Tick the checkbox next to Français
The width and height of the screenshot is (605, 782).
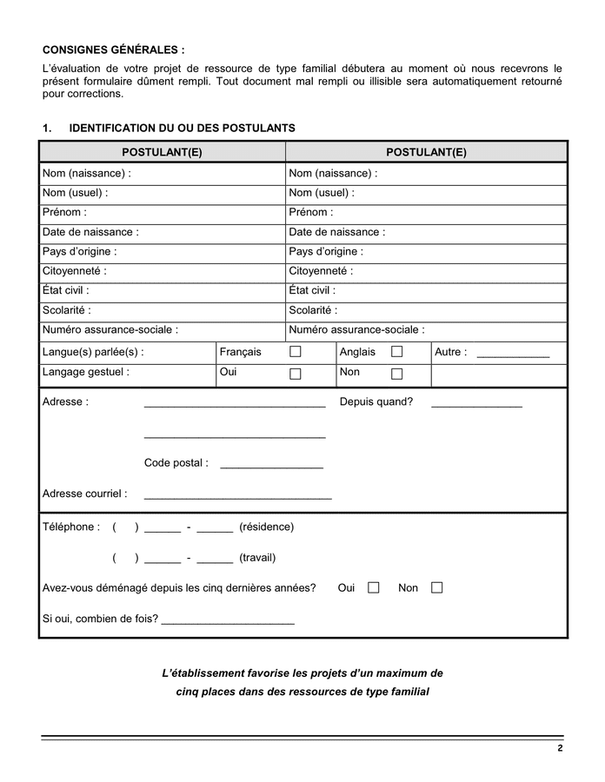[296, 352]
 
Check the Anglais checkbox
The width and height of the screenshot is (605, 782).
[397, 352]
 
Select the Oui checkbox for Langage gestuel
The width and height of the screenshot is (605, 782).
[296, 374]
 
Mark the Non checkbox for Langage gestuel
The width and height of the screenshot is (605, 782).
[397, 374]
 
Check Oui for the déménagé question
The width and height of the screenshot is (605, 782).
[374, 588]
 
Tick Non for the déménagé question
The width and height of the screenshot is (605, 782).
[436, 588]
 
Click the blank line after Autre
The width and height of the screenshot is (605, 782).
[513, 355]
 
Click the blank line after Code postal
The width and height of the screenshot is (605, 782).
[271, 466]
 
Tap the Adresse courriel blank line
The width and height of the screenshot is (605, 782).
[237, 496]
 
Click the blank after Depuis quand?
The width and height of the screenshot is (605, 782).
[476, 404]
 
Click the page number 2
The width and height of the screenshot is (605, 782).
[561, 749]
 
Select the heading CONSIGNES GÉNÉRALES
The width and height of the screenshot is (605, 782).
[113, 50]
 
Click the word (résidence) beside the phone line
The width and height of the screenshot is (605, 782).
[266, 527]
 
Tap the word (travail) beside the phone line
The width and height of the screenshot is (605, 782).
[257, 558]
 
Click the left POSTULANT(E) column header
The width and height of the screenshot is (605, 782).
[162, 152]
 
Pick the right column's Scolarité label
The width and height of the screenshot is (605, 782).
[313, 310]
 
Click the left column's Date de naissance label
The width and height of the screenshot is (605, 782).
[90, 232]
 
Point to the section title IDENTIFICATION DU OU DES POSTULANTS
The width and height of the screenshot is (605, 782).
[182, 129]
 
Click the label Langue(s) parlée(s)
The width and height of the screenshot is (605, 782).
[93, 352]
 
